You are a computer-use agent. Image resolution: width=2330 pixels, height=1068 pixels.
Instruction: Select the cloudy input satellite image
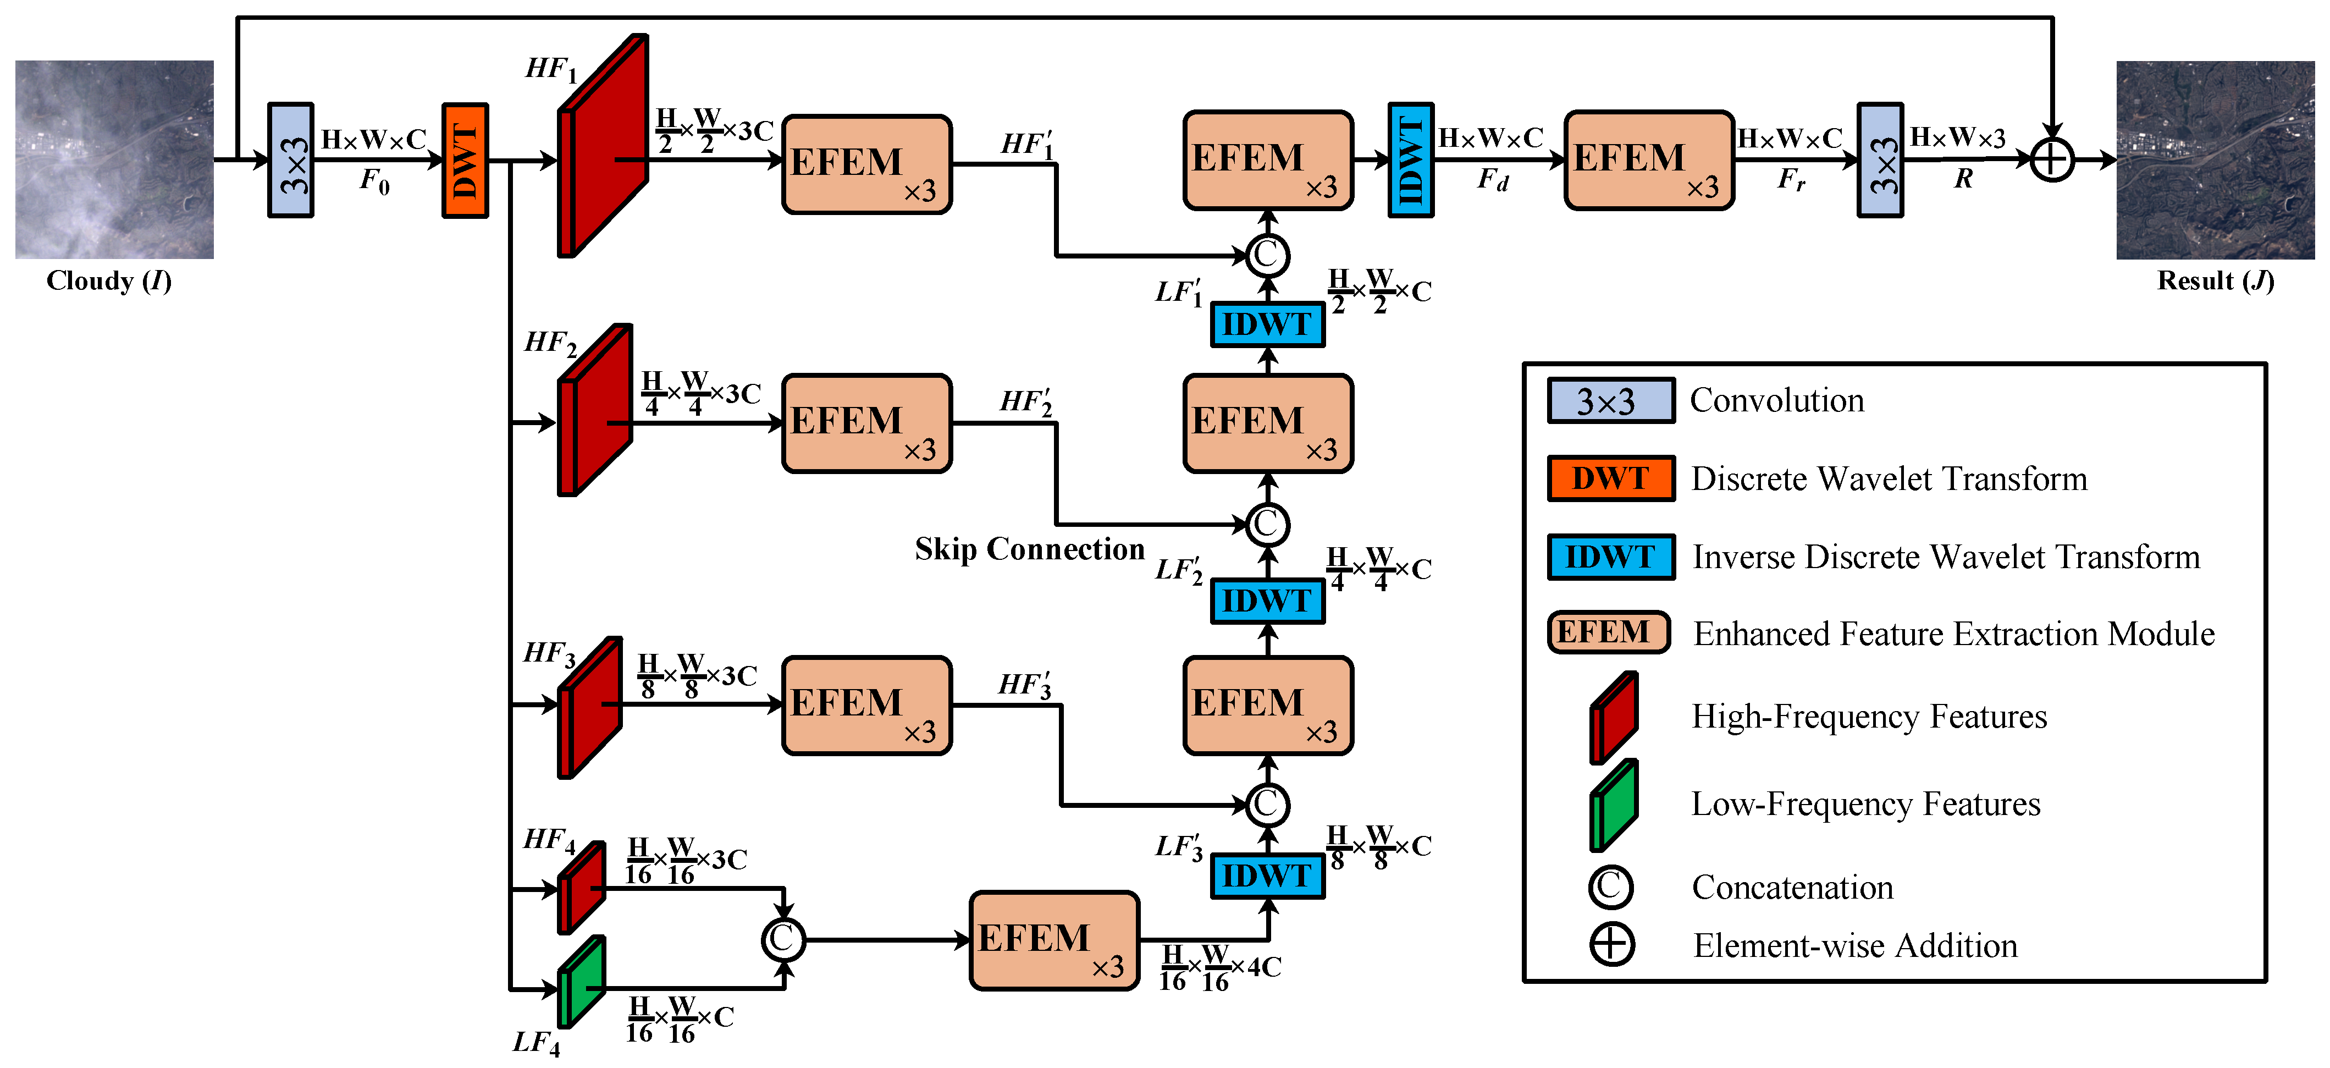click(x=114, y=159)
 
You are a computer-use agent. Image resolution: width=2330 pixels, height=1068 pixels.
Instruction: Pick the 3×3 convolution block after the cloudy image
click(x=290, y=160)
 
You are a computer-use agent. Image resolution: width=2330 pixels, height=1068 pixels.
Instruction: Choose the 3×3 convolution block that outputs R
click(x=1880, y=160)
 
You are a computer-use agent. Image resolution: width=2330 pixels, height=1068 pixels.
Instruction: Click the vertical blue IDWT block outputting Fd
click(x=1410, y=160)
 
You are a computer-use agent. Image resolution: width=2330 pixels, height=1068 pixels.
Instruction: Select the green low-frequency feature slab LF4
click(x=581, y=983)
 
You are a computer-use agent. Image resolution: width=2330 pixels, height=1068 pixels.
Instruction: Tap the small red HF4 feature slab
click(x=581, y=888)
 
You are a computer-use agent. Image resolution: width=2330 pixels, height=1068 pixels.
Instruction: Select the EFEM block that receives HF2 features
click(x=866, y=423)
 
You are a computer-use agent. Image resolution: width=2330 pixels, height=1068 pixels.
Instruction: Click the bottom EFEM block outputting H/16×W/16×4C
click(x=1054, y=940)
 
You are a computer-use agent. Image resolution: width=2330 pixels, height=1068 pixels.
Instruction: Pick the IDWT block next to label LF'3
click(x=1267, y=875)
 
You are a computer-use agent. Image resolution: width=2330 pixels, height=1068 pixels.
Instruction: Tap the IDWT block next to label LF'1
click(x=1267, y=324)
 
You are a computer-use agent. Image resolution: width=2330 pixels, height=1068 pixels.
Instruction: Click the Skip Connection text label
click(x=1029, y=548)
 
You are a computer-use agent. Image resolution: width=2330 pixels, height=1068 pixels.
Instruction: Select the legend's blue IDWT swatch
click(x=1610, y=557)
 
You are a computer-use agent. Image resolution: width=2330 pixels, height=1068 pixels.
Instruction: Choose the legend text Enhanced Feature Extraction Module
click(x=1954, y=634)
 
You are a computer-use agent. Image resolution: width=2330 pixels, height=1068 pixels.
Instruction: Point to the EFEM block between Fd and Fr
click(x=1648, y=160)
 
